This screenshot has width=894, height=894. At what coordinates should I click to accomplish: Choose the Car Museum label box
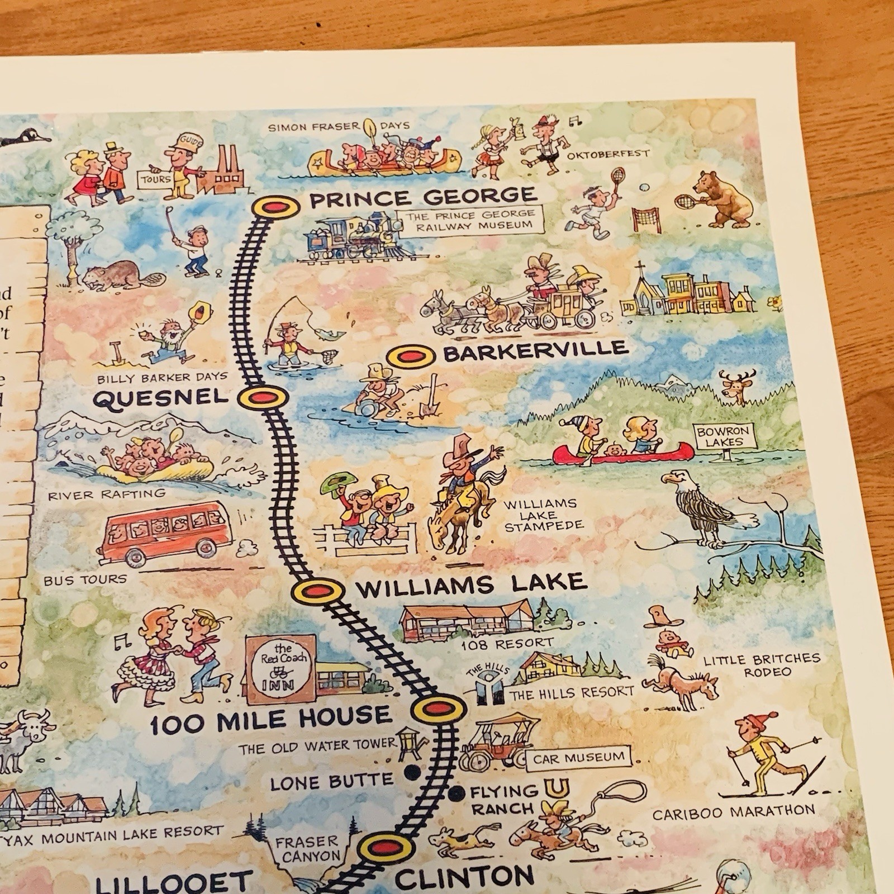click(x=578, y=758)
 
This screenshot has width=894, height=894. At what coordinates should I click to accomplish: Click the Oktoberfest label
click(x=608, y=153)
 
